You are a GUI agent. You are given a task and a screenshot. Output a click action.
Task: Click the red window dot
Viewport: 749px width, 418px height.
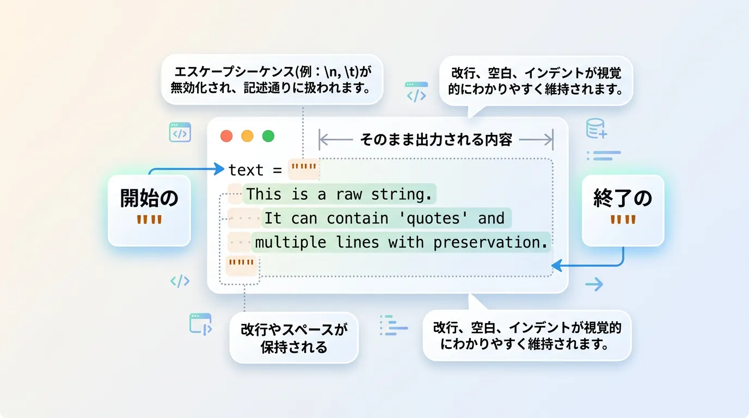[226, 136]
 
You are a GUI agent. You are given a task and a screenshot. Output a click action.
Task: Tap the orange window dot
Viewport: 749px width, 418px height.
[248, 136]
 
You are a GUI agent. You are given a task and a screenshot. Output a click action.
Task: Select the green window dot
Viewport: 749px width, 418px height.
[268, 136]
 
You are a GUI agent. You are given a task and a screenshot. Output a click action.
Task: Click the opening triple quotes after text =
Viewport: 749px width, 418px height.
[304, 167]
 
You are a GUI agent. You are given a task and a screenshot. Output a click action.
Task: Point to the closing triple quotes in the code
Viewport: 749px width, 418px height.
[241, 262]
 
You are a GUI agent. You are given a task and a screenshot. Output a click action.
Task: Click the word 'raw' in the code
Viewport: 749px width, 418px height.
[349, 194]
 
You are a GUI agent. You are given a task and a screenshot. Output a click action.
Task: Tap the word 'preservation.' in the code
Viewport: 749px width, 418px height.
[490, 242]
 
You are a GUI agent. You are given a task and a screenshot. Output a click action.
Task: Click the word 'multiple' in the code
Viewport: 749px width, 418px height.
[291, 242]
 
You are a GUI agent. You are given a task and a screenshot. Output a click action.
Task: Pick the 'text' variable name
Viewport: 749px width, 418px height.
[246, 170]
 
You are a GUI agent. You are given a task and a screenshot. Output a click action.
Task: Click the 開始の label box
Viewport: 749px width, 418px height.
[149, 211]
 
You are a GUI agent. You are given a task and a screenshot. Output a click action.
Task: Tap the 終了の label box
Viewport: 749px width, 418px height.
[623, 211]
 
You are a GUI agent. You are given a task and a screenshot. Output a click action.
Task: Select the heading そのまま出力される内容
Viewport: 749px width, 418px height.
[436, 140]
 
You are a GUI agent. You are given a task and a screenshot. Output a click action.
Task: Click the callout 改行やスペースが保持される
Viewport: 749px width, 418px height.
[294, 338]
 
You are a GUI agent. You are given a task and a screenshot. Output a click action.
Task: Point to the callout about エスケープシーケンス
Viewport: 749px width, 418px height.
[272, 79]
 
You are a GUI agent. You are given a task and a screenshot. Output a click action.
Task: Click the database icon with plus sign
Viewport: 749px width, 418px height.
[596, 128]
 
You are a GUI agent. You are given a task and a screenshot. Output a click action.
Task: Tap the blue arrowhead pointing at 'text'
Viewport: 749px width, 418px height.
[219, 169]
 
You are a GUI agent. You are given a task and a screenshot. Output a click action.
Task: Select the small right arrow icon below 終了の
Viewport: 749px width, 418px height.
[594, 284]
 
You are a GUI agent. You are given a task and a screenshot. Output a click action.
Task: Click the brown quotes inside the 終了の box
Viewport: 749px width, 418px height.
[623, 220]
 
